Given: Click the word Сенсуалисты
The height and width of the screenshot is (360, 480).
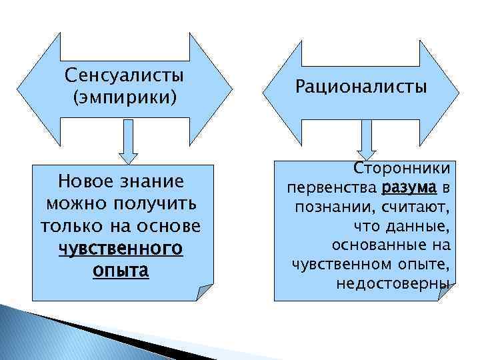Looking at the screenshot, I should pyautogui.click(x=124, y=75).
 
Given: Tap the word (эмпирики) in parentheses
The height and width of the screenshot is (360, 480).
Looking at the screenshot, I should pyautogui.click(x=124, y=97).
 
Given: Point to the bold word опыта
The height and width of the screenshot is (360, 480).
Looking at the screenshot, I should pyautogui.click(x=121, y=271).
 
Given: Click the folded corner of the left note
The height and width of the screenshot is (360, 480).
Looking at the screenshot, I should pyautogui.click(x=205, y=291).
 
